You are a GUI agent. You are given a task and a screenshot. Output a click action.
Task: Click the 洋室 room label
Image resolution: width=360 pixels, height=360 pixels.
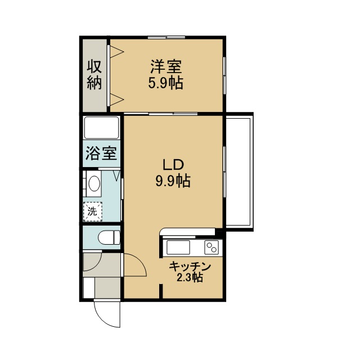[x=166, y=66]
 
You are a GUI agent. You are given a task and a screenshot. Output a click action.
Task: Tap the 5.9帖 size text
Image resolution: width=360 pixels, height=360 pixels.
[x=165, y=83]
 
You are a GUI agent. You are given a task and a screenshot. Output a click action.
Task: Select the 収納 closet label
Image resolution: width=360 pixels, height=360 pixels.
[x=94, y=74]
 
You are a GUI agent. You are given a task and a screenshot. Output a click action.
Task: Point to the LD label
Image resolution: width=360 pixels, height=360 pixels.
[x=173, y=165]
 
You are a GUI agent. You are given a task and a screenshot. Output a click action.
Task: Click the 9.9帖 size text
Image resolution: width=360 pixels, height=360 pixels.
[x=173, y=181]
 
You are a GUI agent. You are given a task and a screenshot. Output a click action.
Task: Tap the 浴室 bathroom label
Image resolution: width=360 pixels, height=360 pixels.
[x=101, y=153]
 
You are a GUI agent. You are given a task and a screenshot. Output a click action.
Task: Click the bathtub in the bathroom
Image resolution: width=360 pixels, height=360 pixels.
[x=101, y=128]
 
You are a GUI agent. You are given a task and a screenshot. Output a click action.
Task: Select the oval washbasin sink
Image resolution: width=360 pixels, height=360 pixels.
[x=94, y=183]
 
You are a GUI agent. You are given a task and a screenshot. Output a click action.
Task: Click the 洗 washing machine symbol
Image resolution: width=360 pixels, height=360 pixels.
[x=92, y=211]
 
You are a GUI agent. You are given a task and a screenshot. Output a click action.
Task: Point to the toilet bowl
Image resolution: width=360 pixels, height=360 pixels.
[x=109, y=237]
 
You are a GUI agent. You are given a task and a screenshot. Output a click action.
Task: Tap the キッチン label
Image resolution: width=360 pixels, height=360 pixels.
[x=190, y=267]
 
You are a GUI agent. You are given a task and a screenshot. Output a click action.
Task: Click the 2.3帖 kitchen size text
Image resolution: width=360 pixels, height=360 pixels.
[x=190, y=277]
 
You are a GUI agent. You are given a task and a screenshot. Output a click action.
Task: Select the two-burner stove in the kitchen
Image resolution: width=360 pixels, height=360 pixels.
[x=211, y=247]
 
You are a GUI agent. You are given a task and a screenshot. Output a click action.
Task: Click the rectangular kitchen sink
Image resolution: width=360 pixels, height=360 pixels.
[x=178, y=247]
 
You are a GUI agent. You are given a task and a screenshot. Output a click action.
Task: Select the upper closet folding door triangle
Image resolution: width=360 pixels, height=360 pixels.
[x=117, y=52]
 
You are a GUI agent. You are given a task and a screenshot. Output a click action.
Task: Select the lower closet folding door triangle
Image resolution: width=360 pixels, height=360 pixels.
[x=117, y=100]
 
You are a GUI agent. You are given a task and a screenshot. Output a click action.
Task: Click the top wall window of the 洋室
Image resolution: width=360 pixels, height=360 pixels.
[x=166, y=37]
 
